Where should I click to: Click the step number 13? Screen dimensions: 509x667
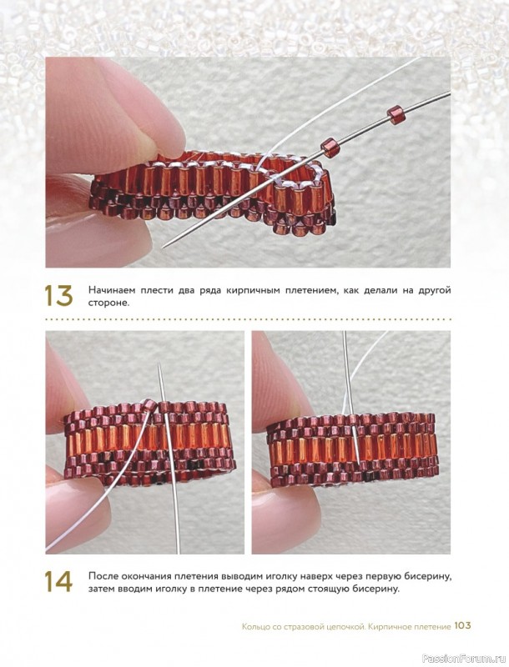click(x=58, y=296)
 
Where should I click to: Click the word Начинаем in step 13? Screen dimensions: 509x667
click(x=109, y=290)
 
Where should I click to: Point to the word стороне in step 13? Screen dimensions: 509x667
click(x=108, y=303)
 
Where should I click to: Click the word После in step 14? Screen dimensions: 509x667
click(x=103, y=576)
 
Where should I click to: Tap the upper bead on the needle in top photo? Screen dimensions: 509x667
click(x=395, y=113)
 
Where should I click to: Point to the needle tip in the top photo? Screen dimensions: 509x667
click(x=164, y=246)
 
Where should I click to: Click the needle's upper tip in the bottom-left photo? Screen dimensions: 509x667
click(x=159, y=363)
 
